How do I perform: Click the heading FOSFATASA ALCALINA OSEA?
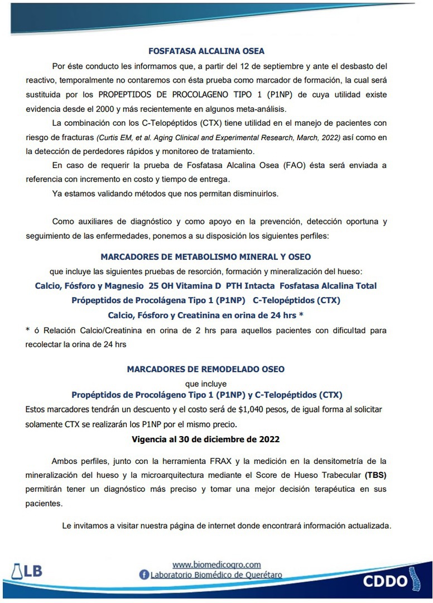coord(206,51)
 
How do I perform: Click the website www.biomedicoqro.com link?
coord(216,564)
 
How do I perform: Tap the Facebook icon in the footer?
coord(144,575)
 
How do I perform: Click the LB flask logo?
coord(26,571)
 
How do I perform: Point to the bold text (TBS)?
coord(375,476)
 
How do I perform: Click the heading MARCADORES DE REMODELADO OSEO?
coord(206,369)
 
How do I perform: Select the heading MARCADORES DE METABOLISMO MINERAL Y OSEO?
coord(206,257)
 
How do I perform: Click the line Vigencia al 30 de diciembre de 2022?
coord(206,439)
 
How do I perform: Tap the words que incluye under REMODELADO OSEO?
coord(206,384)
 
